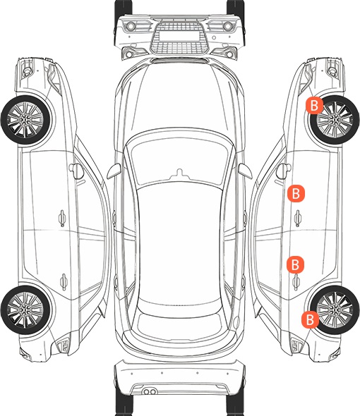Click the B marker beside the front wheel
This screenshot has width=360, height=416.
click(314, 105)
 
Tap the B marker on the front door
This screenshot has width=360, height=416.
click(296, 193)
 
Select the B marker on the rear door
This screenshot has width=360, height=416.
click(295, 264)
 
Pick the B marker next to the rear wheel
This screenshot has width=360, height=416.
click(310, 319)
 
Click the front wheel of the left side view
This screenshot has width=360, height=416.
click(25, 120)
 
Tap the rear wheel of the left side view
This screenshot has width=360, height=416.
click(25, 310)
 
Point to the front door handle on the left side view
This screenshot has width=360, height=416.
click(62, 218)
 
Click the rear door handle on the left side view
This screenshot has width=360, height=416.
click(64, 281)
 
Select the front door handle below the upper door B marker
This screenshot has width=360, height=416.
click(298, 218)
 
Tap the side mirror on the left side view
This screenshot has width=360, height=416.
click(76, 171)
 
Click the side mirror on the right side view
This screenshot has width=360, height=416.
click(284, 171)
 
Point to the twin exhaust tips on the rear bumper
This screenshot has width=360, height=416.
click(150, 391)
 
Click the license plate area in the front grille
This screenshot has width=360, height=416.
click(179, 35)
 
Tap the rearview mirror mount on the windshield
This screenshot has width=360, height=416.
click(180, 173)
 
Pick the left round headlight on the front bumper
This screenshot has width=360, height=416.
click(131, 26)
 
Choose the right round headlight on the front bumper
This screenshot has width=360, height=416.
click(228, 26)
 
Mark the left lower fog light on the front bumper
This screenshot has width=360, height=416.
click(129, 54)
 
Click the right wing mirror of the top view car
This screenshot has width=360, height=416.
click(245, 171)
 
